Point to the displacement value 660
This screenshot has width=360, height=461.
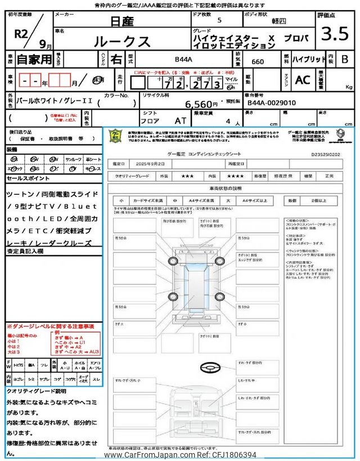click(259, 61)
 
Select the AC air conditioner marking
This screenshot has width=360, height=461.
click(303, 80)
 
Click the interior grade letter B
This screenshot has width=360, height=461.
click(345, 59)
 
